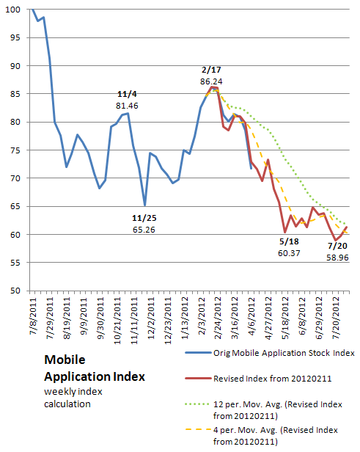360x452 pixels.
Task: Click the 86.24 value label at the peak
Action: [211, 81]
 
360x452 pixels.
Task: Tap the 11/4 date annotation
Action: [127, 94]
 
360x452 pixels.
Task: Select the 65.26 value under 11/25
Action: [144, 230]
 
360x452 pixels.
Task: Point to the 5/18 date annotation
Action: [289, 241]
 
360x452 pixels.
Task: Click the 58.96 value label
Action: [337, 258]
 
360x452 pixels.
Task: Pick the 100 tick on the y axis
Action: [13, 10]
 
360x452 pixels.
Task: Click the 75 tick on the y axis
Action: [15, 150]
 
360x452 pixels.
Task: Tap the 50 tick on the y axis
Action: [15, 291]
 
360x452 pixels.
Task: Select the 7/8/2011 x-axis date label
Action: [34, 316]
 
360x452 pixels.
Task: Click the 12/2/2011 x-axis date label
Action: [151, 318]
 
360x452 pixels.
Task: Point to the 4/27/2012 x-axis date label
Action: [268, 318]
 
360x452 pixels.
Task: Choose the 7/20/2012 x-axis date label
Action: [336, 318]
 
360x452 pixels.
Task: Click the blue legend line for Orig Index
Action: [198, 353]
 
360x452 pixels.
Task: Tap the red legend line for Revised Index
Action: [198, 378]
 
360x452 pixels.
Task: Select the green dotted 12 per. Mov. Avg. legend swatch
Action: [197, 404]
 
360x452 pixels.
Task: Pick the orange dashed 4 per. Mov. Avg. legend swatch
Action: [198, 429]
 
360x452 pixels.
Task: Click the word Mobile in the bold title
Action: [65, 360]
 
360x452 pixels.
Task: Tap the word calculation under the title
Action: [67, 404]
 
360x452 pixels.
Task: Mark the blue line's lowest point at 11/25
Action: [144, 205]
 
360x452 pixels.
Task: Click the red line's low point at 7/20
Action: [335, 240]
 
